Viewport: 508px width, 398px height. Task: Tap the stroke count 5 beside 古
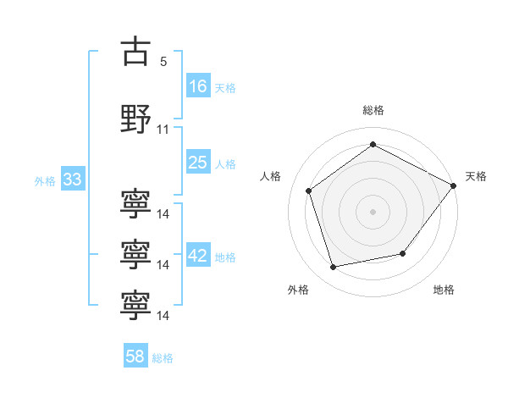coord(163,62)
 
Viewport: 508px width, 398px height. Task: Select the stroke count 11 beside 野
coord(163,130)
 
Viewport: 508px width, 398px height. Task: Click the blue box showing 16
coord(198,86)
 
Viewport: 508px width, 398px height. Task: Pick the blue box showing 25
coord(198,163)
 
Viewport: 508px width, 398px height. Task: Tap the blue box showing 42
coord(198,256)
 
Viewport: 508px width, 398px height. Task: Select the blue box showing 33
coord(72,180)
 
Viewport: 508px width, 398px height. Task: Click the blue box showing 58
coord(135,357)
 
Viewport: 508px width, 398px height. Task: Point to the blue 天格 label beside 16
coord(224,87)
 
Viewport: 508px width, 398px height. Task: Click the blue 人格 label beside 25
coord(224,164)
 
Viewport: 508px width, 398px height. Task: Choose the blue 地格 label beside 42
coord(224,257)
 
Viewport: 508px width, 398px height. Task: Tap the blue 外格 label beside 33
coord(45,181)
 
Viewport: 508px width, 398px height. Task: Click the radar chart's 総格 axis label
coord(373,111)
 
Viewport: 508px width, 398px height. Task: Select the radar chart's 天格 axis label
coord(476,176)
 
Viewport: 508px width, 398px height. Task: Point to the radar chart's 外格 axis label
coord(298,290)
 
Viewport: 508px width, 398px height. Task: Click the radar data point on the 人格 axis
coord(309,191)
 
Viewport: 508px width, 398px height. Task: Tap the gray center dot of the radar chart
coord(373,211)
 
